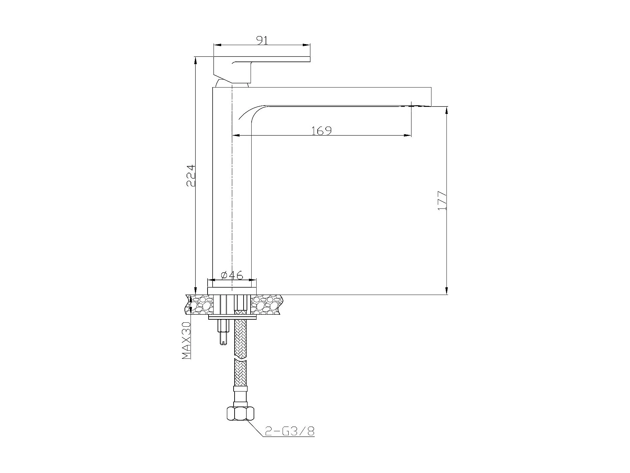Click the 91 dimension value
(x=262, y=40)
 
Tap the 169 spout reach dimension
(x=322, y=131)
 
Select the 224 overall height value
(x=191, y=175)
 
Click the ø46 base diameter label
(x=232, y=275)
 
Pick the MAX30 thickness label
(x=186, y=340)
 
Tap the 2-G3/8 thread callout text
(x=290, y=432)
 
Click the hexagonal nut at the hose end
(x=240, y=414)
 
